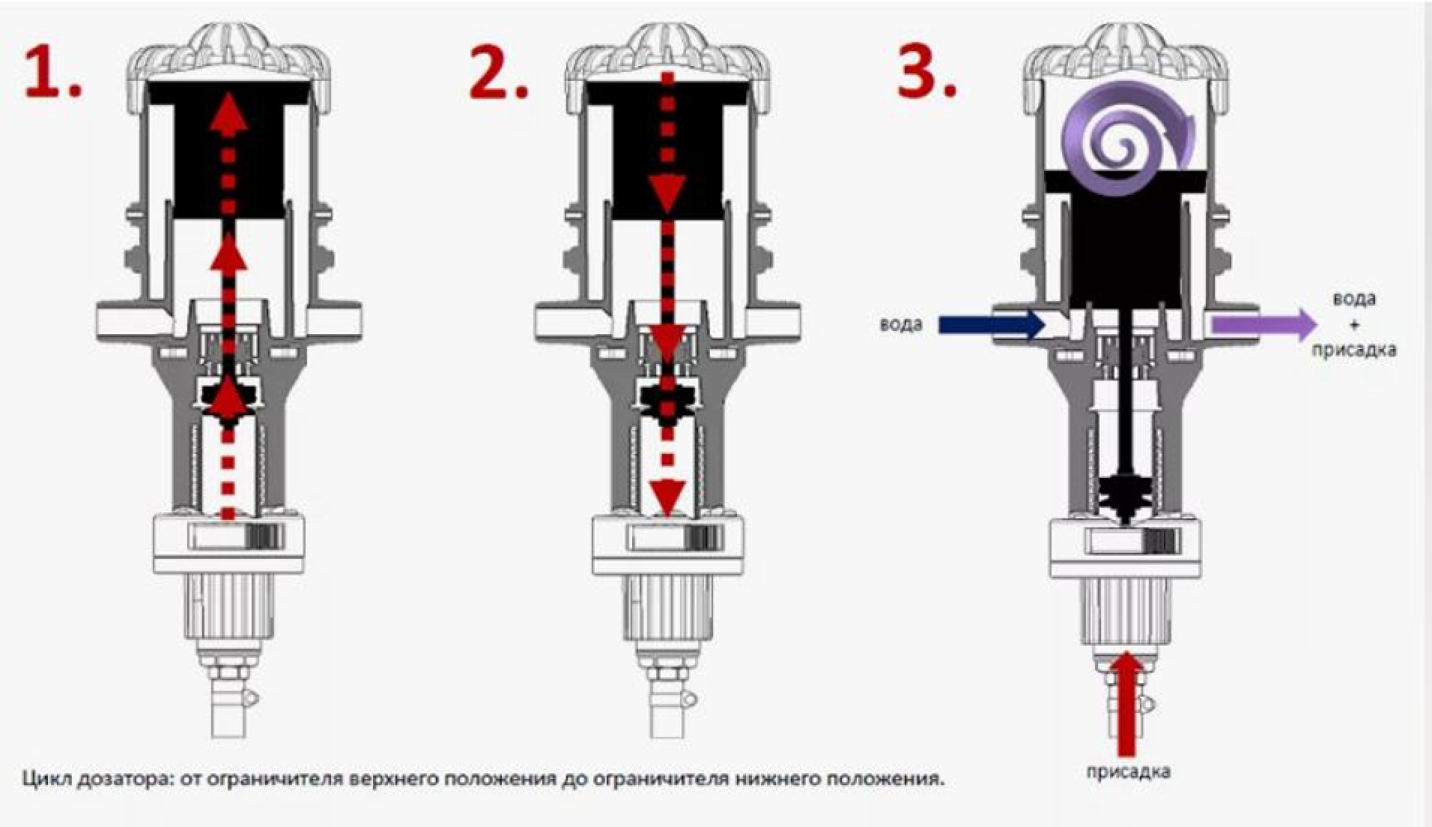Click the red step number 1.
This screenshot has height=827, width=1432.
52,73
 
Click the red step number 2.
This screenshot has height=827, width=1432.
498,73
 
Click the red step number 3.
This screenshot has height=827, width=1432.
927,73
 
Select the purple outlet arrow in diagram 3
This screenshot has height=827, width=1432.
1264,325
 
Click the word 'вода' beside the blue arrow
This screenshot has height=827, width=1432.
901,325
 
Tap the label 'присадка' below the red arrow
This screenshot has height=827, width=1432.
1128,772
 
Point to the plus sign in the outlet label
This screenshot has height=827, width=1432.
1353,325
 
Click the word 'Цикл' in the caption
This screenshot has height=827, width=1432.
46,779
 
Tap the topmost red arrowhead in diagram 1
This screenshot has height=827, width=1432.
228,117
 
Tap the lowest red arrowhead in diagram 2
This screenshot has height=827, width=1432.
667,494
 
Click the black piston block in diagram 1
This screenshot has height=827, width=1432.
228,150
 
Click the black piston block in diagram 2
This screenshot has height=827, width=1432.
668,150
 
